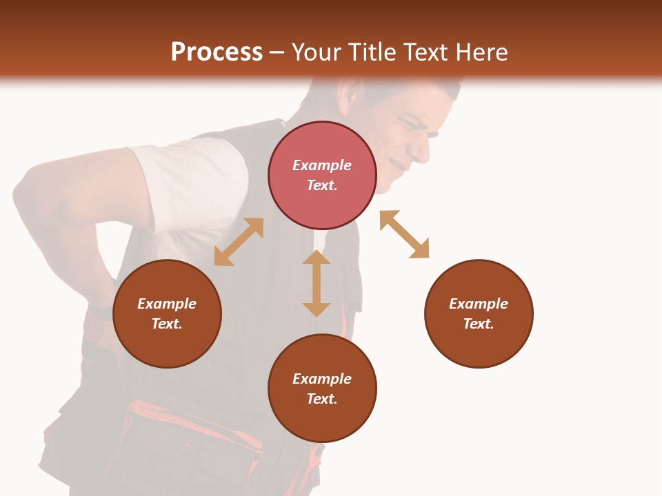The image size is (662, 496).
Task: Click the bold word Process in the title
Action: coord(217,52)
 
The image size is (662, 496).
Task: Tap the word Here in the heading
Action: coord(481,52)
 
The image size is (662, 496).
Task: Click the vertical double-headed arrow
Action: coord(317,283)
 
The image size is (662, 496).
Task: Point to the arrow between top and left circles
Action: coord(239,242)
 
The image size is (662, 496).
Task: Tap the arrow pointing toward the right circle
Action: coord(404,234)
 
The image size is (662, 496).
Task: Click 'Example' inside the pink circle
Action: coord(322,165)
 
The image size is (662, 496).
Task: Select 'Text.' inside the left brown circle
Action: coord(167,324)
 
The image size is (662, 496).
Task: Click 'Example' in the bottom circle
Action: coord(322,378)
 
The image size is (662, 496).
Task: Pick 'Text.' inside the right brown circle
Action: coord(479,324)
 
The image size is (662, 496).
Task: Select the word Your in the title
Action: coord(319,52)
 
